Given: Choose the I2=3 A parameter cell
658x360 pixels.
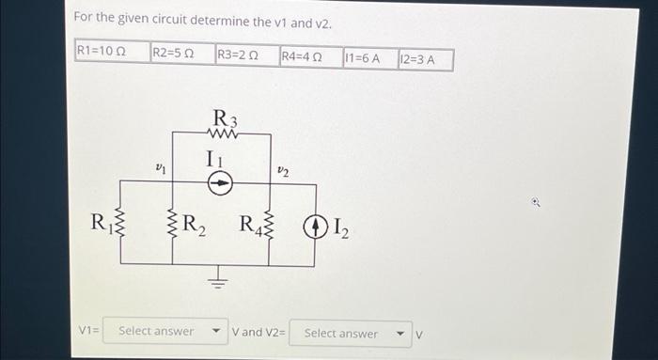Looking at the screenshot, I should coord(424,59).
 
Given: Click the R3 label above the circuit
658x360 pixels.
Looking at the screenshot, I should coord(225,118).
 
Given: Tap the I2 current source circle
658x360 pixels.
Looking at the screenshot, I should coord(315,226).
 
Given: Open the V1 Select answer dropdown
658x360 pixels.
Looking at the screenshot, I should coord(165,332).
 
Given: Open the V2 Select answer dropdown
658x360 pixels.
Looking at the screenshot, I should coord(350,333).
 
